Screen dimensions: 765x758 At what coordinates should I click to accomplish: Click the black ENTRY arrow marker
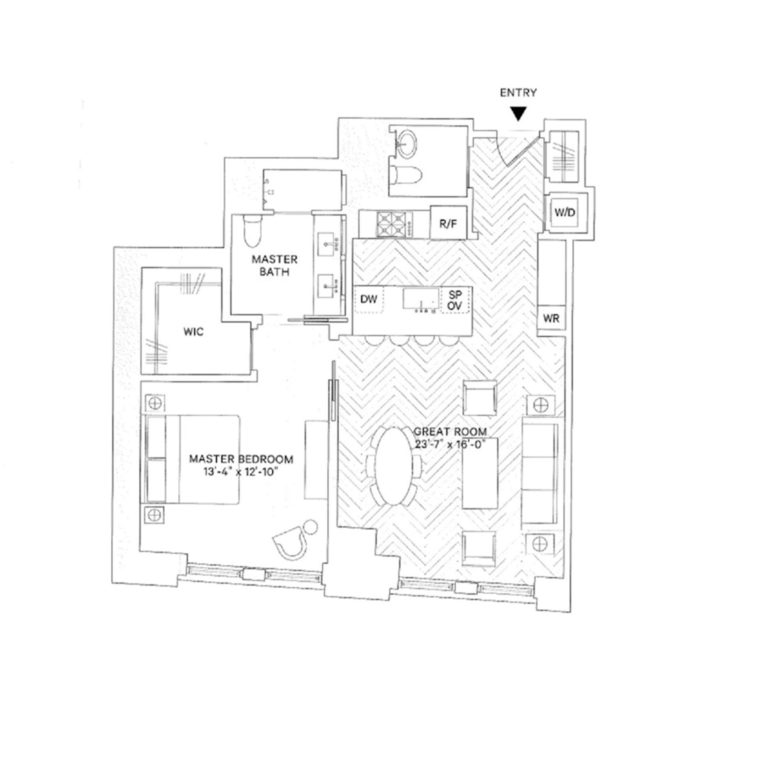518,114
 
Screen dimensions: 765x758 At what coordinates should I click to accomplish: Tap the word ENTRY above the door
518,93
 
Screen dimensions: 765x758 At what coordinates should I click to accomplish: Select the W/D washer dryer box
564,213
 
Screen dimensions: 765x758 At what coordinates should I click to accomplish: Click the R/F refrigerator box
448,224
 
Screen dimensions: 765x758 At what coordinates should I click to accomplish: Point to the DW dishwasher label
369,299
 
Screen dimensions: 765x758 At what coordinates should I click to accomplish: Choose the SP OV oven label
456,300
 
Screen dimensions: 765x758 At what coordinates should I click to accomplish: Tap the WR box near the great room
551,318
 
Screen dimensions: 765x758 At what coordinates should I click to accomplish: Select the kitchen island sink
421,298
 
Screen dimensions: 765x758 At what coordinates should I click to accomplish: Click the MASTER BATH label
274,266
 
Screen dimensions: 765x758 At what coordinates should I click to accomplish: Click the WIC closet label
194,332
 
